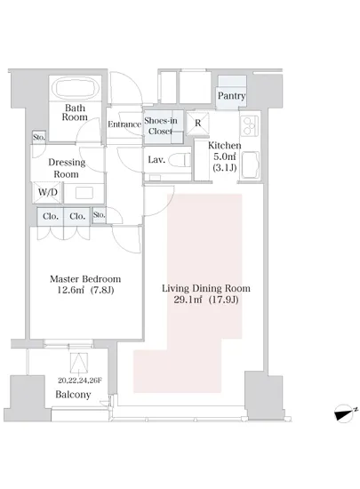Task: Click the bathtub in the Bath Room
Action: pos(76,88)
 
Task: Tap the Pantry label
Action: pos(231,95)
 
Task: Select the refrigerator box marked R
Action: pos(198,124)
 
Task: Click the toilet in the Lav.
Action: pos(180,160)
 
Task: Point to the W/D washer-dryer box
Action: pos(48,192)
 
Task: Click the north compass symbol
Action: pos(346,413)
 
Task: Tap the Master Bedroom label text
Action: pos(85,279)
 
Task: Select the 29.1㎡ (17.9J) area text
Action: pos(206,300)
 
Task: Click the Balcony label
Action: pos(73,395)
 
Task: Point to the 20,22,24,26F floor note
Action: pos(80,381)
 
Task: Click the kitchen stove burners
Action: pos(250,125)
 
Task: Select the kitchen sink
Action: pos(251,165)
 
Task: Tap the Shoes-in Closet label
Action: pos(161,125)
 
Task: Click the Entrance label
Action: pos(124,124)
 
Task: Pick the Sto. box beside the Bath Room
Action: pos(39,137)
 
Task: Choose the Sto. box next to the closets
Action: pos(100,215)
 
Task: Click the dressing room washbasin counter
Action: pos(84,193)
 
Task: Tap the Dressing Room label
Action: pos(67,168)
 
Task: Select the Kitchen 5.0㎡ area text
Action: pos(224,156)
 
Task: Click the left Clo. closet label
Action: pos(51,216)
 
